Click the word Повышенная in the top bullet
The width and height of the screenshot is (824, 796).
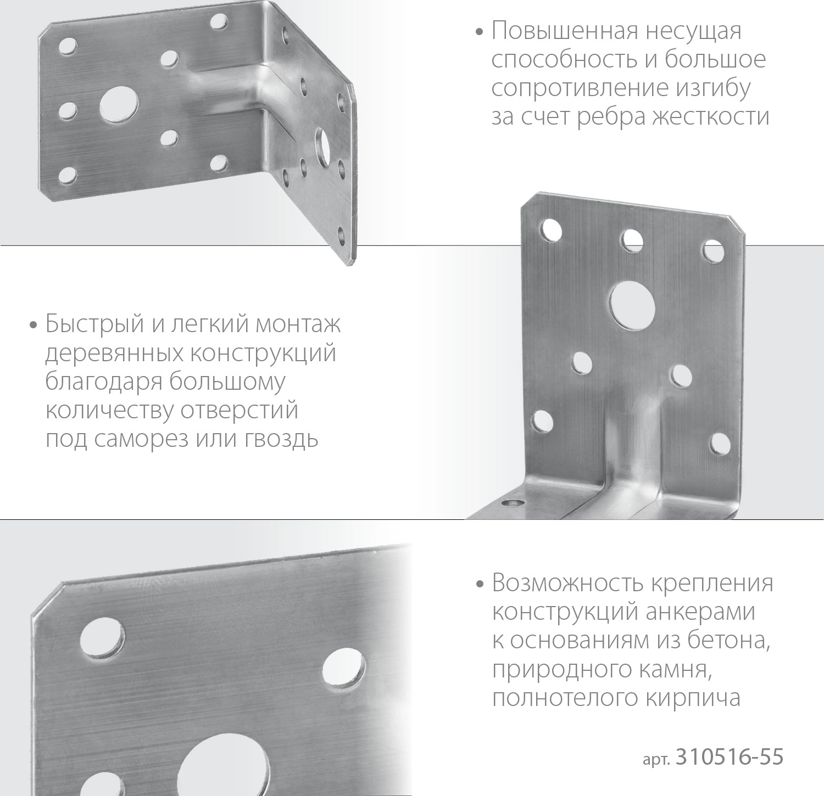565,31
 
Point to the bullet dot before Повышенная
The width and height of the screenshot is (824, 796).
480,32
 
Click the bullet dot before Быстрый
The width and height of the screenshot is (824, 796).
34,325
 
